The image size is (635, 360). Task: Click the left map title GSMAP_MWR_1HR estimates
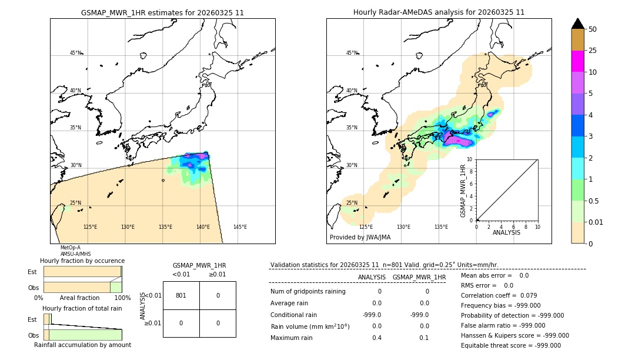coord(162,12)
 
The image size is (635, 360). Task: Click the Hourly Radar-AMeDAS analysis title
coord(439,12)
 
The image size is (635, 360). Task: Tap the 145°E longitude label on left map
coord(240,227)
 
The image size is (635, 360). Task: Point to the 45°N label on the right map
coord(352,53)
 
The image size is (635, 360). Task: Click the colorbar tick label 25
coord(593,51)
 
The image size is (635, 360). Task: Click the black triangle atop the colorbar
coord(578,24)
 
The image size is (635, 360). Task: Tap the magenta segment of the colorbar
coord(578,61)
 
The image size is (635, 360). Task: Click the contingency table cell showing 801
coord(181,295)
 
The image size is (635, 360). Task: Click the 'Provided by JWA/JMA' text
coord(360,237)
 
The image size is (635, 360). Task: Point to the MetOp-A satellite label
coord(70,248)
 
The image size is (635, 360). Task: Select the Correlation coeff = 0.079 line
coord(499,295)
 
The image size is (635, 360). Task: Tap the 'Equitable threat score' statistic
coord(510,345)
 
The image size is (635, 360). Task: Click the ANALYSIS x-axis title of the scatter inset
coord(506,232)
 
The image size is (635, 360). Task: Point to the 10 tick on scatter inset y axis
coord(470,159)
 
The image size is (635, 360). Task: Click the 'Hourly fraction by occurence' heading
coord(82,261)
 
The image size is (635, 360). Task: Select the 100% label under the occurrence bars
coord(122,298)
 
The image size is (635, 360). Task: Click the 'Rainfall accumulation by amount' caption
coord(82,345)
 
